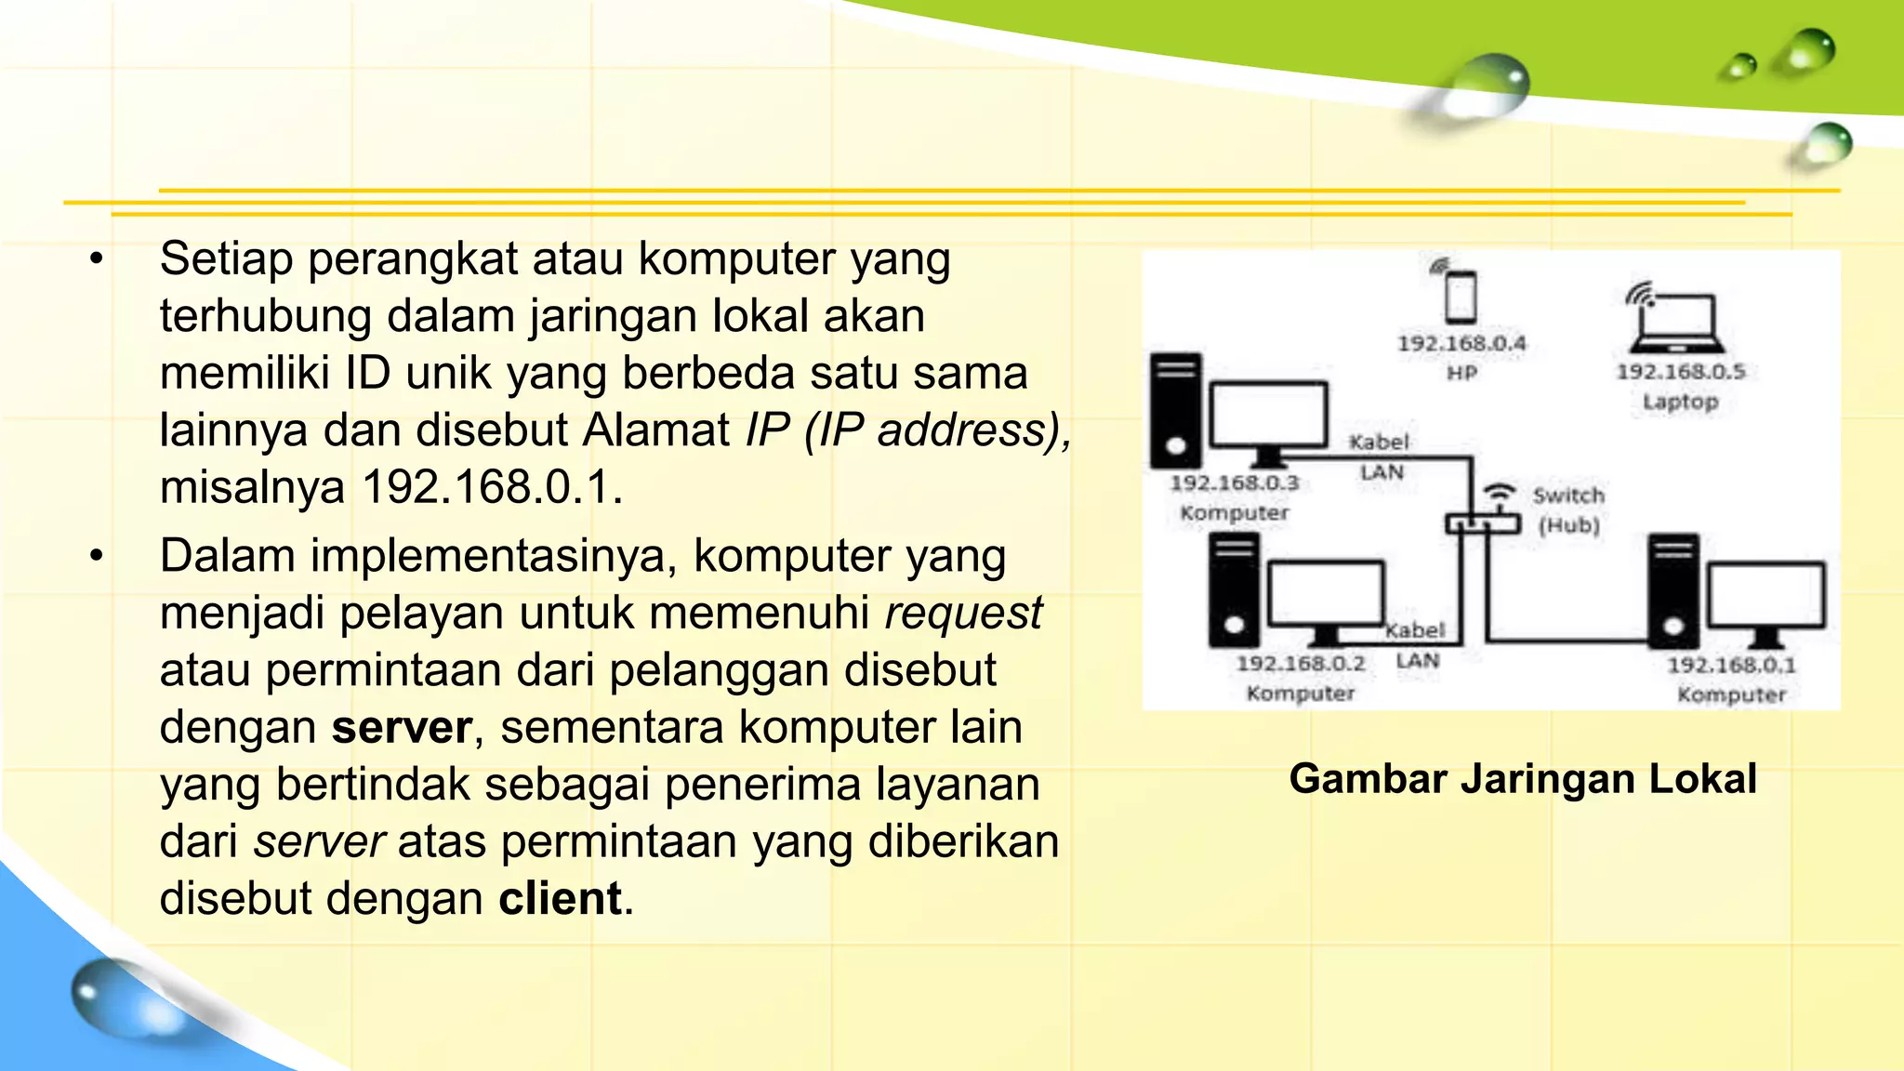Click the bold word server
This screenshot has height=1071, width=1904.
pos(402,728)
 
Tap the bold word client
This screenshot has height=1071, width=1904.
pos(560,899)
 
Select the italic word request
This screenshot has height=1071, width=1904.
pos(963,614)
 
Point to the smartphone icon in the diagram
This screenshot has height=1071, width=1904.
pos(1460,296)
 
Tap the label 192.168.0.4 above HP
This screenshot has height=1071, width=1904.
pos(1461,343)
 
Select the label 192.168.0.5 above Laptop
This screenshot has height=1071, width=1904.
pos(1680,371)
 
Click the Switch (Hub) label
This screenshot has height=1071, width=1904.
pos(1568,509)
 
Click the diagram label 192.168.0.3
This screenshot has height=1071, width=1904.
pos(1234,483)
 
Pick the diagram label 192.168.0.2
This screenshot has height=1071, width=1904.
pos(1300,663)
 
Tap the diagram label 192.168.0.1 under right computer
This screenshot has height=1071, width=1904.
pos(1730,665)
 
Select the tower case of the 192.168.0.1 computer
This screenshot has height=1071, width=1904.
pos(1673,590)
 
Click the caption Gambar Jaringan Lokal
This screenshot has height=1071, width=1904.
pos(1522,779)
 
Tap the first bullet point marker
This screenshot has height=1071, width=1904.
pos(97,259)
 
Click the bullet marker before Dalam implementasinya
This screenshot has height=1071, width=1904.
pos(97,557)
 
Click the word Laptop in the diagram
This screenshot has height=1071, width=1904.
pos(1680,402)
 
